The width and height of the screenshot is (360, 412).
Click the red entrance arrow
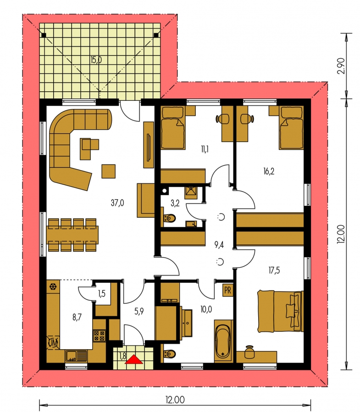pos(134,359)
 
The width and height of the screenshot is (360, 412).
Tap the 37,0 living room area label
pos(117,203)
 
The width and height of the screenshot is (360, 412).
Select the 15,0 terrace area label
pos(96,60)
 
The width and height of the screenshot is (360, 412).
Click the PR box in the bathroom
pos(228,291)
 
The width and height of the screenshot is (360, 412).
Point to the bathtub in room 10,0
pos(223,341)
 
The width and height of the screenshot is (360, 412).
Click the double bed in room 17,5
pos(280,311)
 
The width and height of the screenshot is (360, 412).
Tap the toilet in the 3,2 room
pos(170,218)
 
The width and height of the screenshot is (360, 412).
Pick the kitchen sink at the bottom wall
pos(76,356)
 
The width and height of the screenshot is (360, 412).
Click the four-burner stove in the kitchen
pos(99,335)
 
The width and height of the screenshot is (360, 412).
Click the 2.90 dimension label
pos(341,66)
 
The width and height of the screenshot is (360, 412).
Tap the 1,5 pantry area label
pos(102,293)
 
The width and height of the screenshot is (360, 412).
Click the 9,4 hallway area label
pos(219,244)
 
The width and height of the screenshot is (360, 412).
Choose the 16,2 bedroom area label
pos(269,171)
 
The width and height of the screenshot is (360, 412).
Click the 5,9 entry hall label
pos(139,311)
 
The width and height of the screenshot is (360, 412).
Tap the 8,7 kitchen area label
pos(77,317)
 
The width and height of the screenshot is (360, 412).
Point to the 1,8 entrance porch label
pos(122,356)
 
